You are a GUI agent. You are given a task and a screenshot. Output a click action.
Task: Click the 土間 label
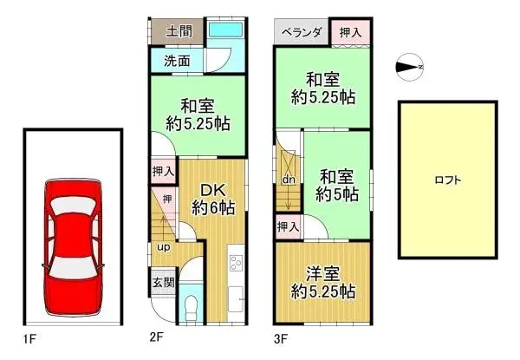tap(179, 31)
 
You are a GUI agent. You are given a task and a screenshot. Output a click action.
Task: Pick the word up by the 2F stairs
tap(163, 248)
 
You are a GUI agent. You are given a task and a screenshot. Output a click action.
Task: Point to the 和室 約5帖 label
tap(336, 184)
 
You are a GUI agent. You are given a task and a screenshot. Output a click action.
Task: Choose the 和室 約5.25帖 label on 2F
tap(198, 115)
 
